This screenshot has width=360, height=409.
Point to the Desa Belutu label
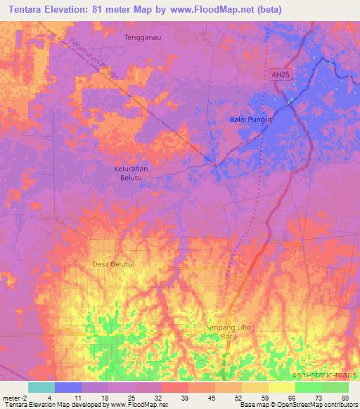pos(112,264)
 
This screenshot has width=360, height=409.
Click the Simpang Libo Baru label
pos(229,332)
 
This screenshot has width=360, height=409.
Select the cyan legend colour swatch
pos(41,387)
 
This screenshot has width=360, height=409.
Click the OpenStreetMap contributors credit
pos(321,404)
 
